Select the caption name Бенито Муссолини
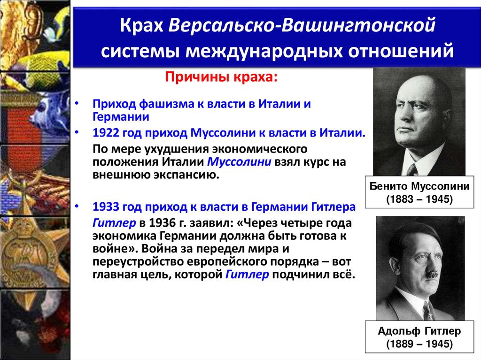coord(419,186)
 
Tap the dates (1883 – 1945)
coord(419,199)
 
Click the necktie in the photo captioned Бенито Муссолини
coord(411,169)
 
